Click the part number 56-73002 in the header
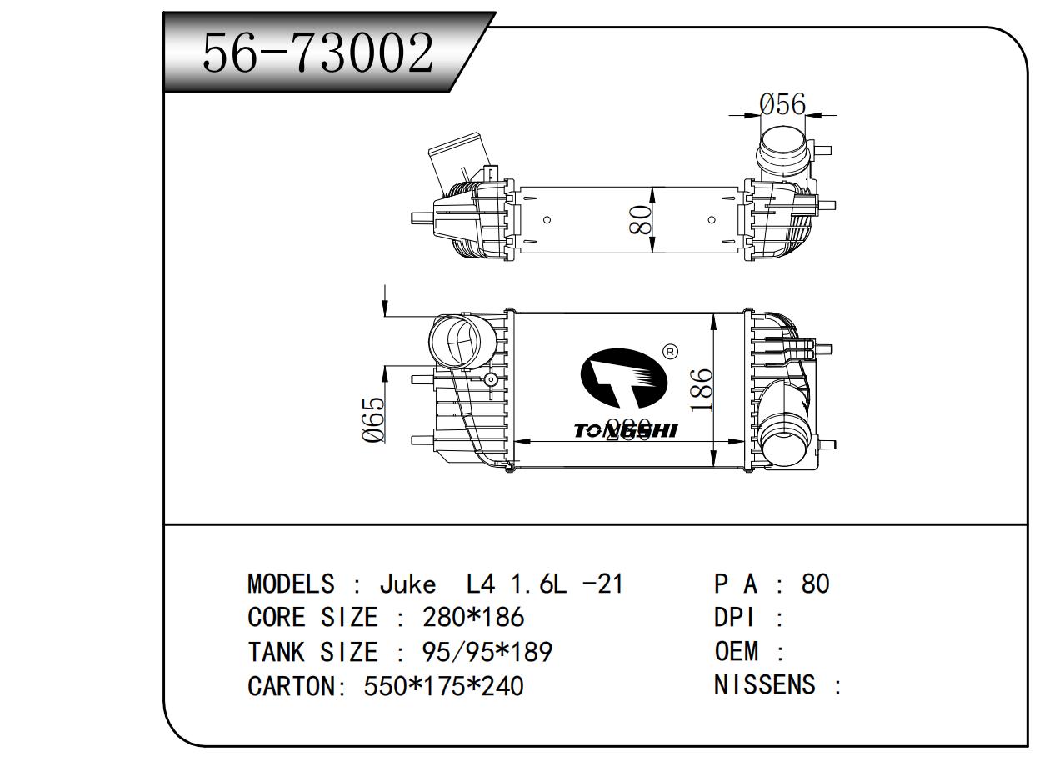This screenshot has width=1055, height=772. (x=318, y=53)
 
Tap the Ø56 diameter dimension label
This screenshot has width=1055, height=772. (x=782, y=104)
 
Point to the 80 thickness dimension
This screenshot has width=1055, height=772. (x=640, y=219)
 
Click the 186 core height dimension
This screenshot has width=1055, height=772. (x=702, y=389)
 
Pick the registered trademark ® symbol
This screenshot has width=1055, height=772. (x=669, y=352)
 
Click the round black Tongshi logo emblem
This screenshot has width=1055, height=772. (x=623, y=384)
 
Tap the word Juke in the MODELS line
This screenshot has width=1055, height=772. (x=407, y=584)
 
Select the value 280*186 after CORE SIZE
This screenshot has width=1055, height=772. (x=473, y=618)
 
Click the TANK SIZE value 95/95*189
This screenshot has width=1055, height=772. (x=487, y=652)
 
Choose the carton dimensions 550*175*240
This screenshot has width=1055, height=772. (x=443, y=686)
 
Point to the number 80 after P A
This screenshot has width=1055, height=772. (x=815, y=584)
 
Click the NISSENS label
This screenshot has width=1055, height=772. (x=764, y=685)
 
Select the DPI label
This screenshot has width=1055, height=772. (x=733, y=618)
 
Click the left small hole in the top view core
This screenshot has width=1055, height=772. (x=547, y=220)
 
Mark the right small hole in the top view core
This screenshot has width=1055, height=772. (x=712, y=220)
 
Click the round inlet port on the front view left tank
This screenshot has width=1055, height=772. (x=455, y=340)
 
